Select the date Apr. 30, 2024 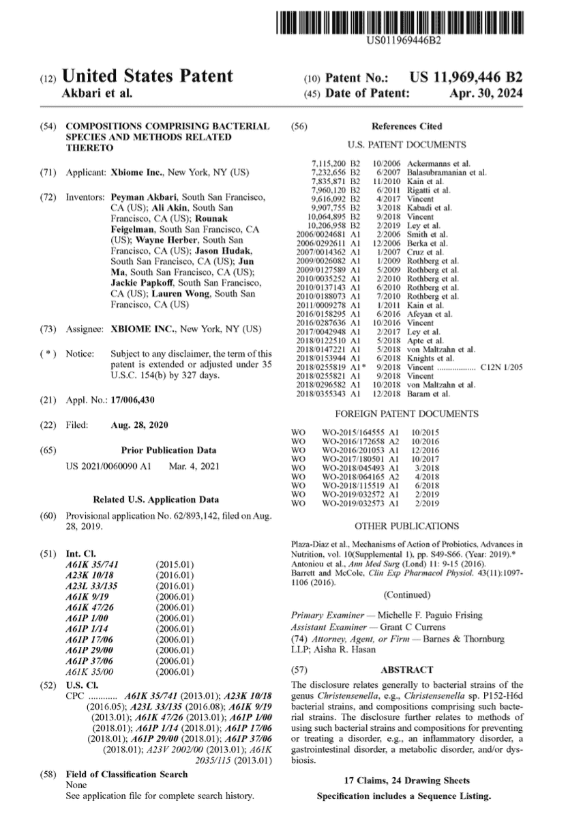point(486,94)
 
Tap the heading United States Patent point(147,76)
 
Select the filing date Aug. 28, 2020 point(139,425)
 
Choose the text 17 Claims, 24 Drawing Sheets point(406,780)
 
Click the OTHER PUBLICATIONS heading point(406,526)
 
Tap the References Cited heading point(406,126)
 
